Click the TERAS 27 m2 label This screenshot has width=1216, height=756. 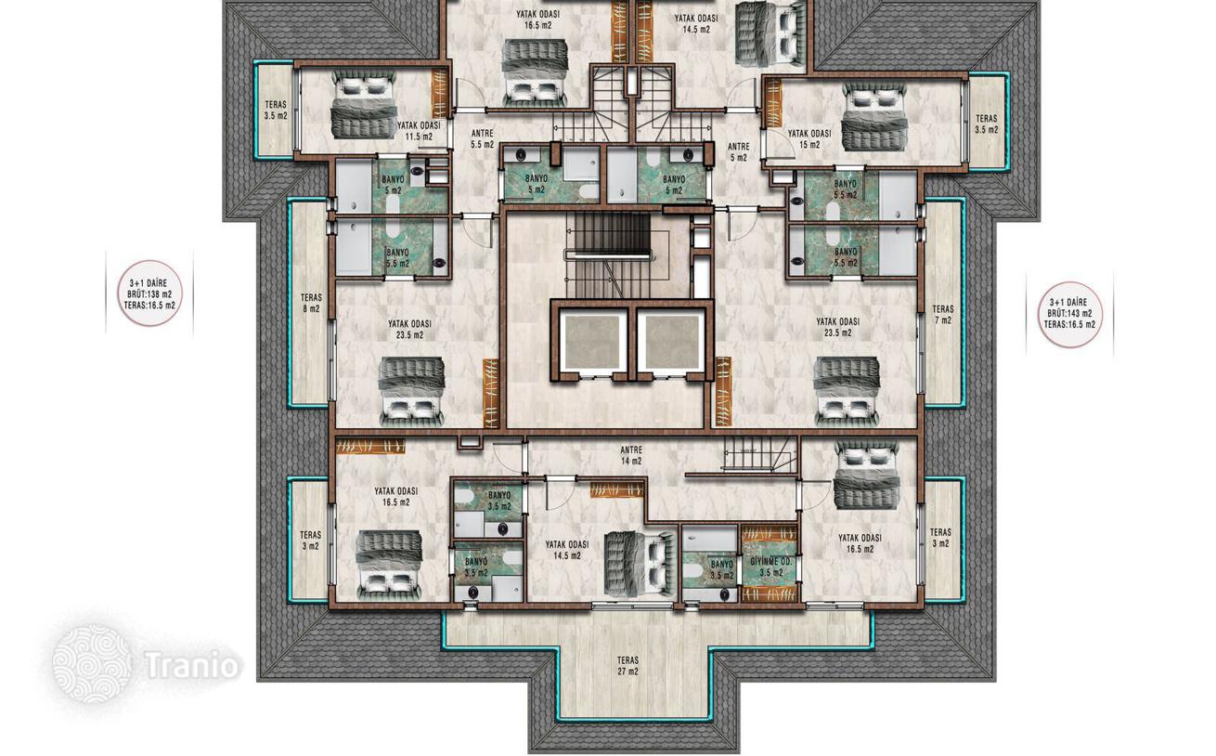(x=627, y=666)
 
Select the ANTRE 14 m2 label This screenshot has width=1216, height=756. (x=631, y=456)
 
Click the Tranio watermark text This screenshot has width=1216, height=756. (x=193, y=665)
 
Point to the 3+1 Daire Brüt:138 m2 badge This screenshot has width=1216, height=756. (x=149, y=293)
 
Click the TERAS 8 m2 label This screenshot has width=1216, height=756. (x=311, y=303)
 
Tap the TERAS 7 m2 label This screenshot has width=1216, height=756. (x=942, y=315)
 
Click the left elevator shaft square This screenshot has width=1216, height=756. (x=591, y=342)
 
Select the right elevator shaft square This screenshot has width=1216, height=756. (x=671, y=342)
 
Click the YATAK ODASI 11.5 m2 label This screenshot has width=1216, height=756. (x=419, y=131)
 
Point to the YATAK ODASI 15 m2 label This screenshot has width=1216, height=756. (x=809, y=139)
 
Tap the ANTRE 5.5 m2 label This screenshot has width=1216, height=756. (x=482, y=138)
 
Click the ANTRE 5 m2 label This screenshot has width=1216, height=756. (x=738, y=152)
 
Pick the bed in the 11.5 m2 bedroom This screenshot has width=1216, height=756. (x=363, y=104)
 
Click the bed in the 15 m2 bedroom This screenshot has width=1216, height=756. (x=874, y=117)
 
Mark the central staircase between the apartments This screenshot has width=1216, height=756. (x=607, y=254)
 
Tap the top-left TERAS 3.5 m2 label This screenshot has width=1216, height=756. (x=276, y=110)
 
